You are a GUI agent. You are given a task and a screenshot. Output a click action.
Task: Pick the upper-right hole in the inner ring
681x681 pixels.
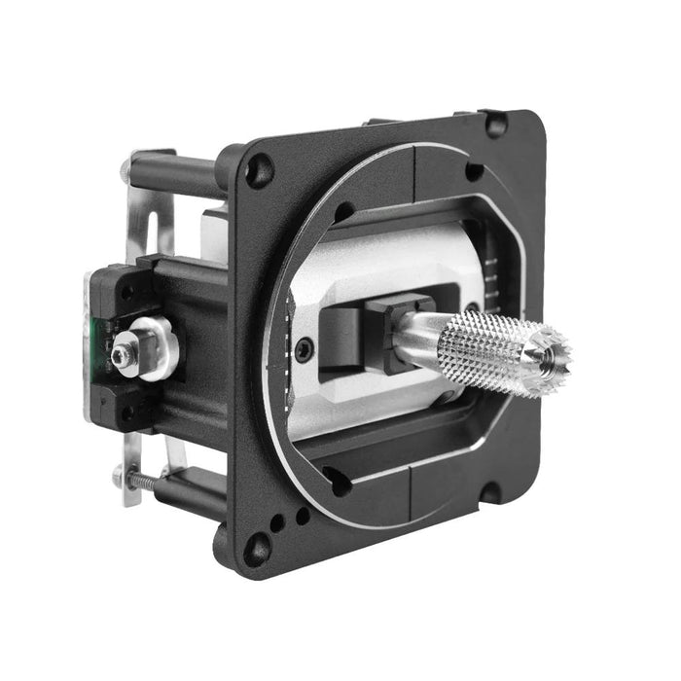coord(473,172)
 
